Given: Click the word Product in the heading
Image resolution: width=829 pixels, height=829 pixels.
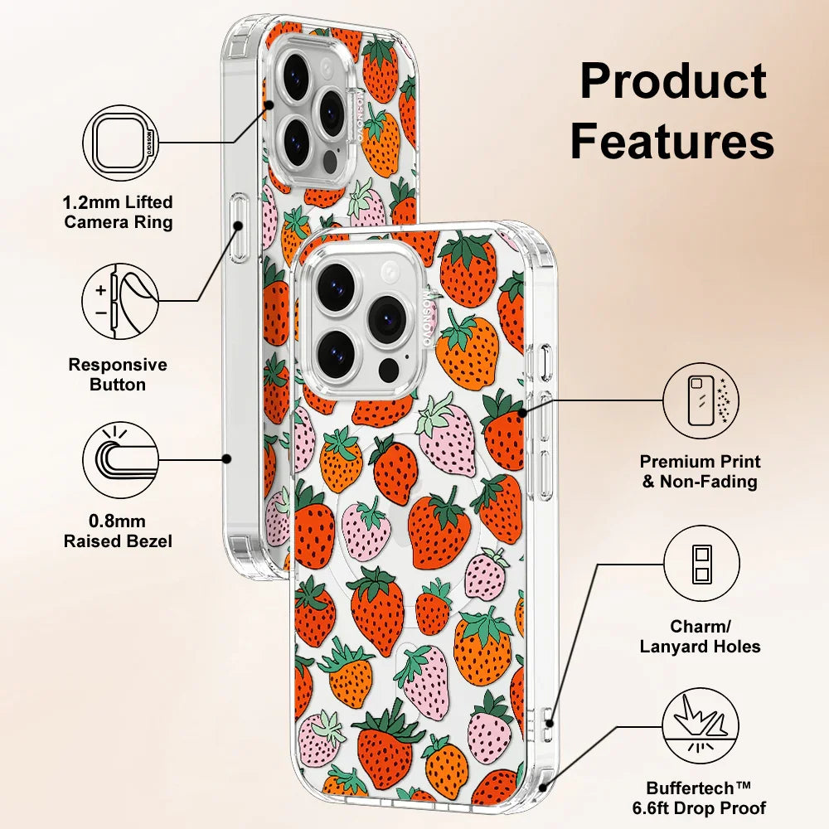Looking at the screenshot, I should pos(672,82).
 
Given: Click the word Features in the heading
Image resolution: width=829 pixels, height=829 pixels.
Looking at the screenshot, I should pos(672,141).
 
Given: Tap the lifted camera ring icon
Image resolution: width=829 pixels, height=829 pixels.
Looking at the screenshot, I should pos(121,143).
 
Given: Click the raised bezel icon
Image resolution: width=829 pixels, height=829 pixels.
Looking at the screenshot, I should pos(121,458).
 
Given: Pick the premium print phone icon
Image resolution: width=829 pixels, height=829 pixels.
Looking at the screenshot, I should pos(701,400).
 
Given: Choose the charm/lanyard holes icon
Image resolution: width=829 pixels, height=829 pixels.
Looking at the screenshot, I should pos(701,565).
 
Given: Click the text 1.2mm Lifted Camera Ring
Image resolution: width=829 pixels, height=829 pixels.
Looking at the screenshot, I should pos(119,212).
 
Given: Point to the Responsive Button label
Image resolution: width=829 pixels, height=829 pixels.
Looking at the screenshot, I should pos(118,375).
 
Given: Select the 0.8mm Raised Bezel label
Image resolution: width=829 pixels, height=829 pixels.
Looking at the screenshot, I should pos(119,531).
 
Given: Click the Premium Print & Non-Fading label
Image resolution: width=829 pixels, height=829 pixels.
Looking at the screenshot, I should pos(701,471).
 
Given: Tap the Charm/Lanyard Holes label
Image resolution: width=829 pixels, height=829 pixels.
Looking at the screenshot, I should pos(701,637).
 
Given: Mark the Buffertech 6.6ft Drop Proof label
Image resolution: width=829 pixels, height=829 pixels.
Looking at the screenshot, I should pos(706,798).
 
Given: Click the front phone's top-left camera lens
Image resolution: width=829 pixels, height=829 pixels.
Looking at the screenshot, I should pos(336,278).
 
